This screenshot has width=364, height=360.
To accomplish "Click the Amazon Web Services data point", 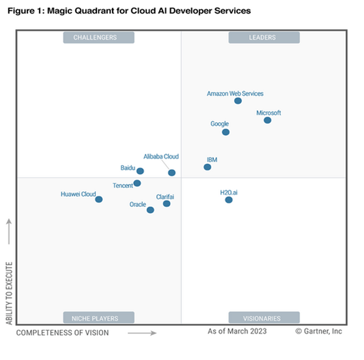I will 238,101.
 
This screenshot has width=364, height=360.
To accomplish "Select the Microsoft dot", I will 268,120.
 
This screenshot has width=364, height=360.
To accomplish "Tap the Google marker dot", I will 226,132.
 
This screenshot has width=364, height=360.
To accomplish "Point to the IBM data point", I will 208,167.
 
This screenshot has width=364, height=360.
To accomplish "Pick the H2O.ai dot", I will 228,200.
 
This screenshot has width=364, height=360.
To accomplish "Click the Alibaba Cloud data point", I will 172,173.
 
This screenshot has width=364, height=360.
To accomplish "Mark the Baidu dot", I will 141,171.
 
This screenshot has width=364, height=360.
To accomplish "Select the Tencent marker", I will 137,183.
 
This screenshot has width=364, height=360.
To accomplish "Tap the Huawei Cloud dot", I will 99,199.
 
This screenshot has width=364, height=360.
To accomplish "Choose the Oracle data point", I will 150,210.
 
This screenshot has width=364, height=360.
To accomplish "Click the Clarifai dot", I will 167,204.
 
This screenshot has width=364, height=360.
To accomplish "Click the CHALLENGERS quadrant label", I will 98,38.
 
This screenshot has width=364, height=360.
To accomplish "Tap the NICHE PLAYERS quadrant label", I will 99,318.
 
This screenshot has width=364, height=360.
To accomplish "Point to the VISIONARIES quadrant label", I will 263,318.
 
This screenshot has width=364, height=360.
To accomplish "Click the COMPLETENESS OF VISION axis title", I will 62,333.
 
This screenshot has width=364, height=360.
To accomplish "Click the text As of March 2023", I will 237,331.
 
